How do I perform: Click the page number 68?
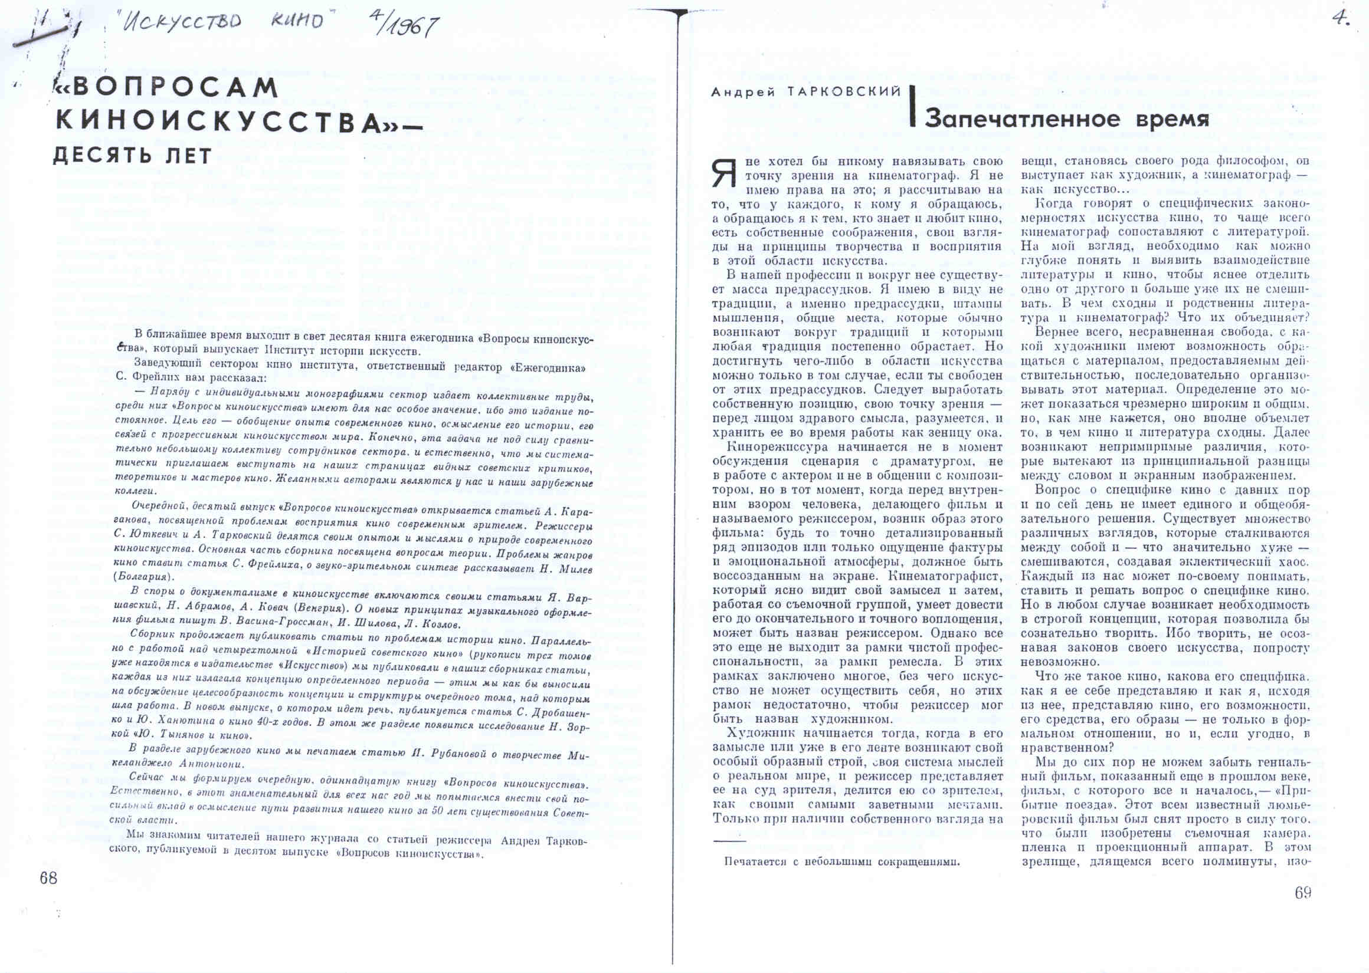[48, 879]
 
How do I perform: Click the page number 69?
[1302, 893]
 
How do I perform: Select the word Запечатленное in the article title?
[1021, 119]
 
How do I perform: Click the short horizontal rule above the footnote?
[729, 841]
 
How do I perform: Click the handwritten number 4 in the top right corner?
[1340, 18]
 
